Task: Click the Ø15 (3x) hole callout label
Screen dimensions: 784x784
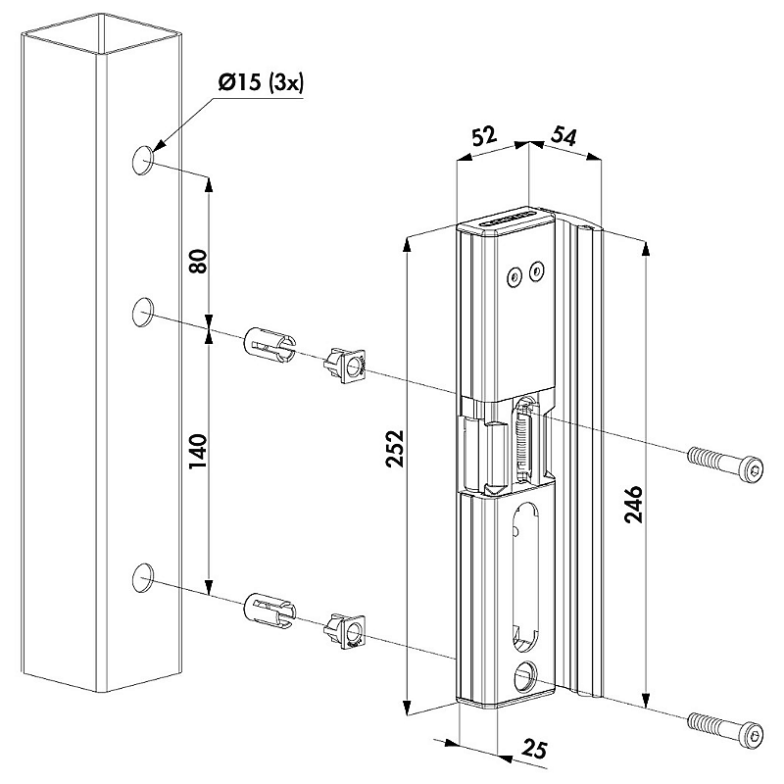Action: (261, 83)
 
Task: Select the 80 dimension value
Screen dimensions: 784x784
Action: (198, 261)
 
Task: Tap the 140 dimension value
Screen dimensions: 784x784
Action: (198, 452)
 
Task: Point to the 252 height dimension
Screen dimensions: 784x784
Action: (395, 449)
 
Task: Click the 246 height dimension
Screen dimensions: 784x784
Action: (634, 504)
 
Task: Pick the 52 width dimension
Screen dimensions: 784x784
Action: (484, 136)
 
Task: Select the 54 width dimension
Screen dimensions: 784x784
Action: (563, 136)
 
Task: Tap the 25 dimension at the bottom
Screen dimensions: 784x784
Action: (535, 749)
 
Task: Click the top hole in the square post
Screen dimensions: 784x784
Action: (143, 161)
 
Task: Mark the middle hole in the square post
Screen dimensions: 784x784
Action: (143, 312)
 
